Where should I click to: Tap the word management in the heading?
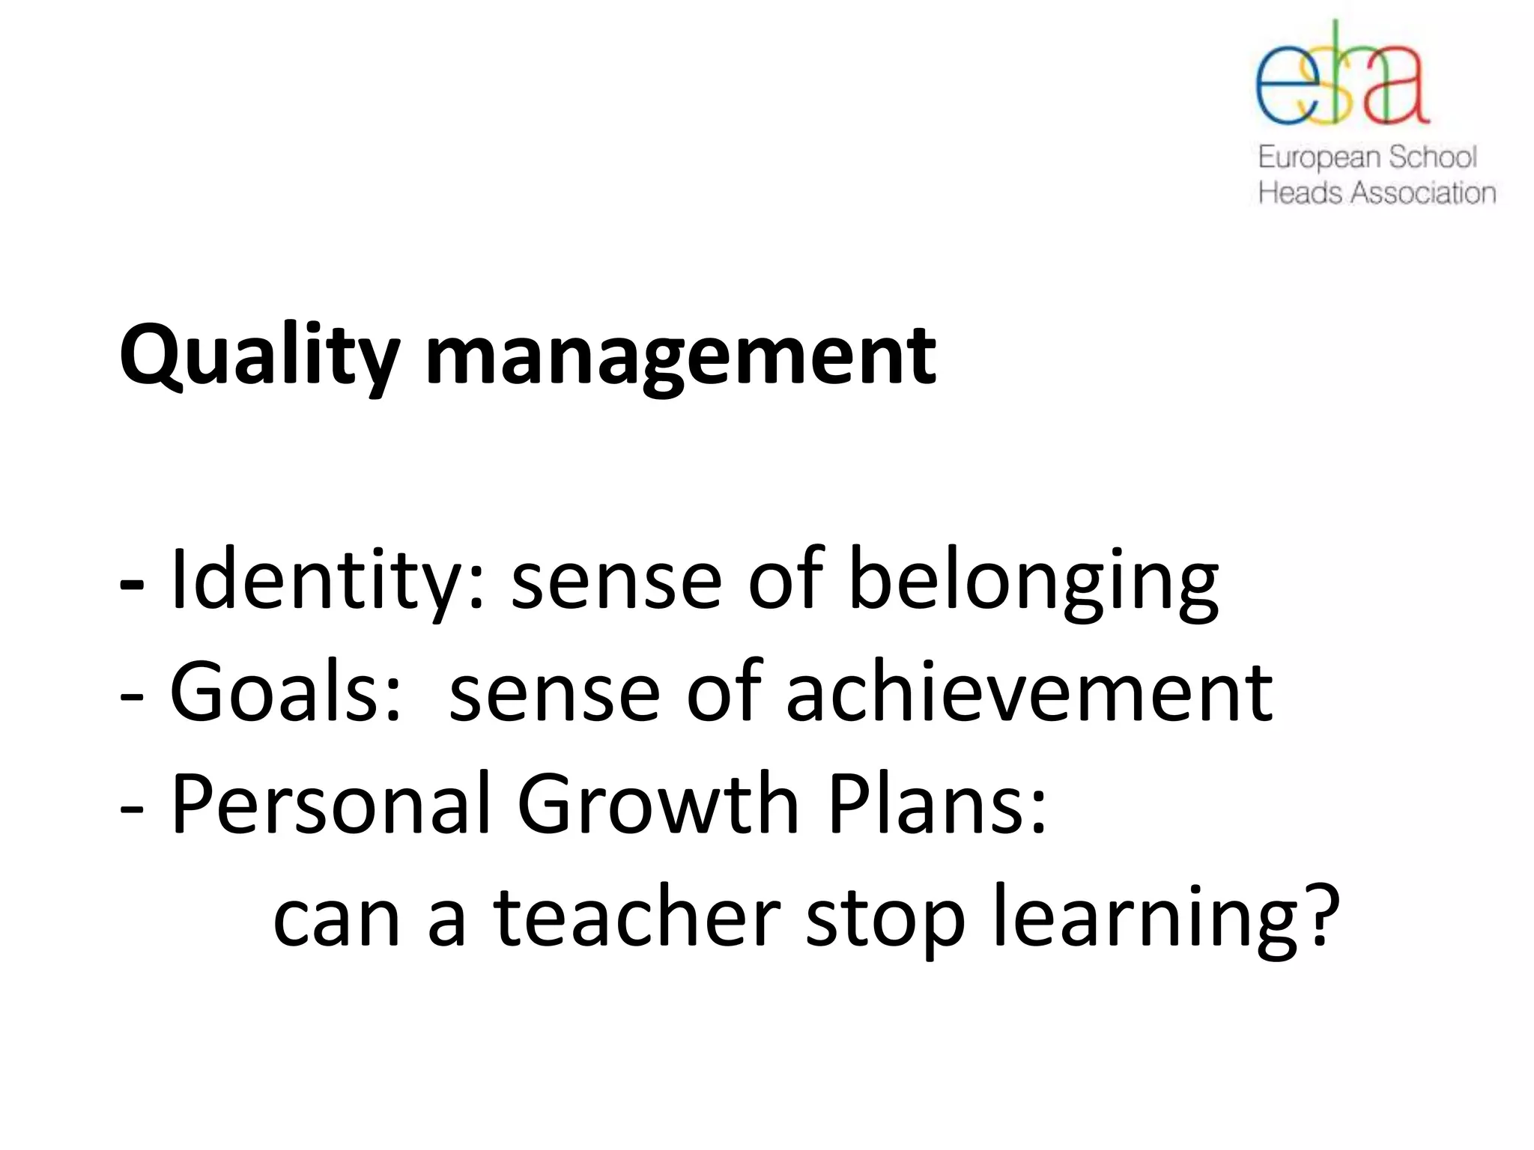click(x=680, y=356)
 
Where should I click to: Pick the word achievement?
click(x=1029, y=693)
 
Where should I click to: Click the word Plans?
click(x=937, y=804)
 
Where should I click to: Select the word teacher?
click(x=637, y=918)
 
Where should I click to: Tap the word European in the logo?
click(x=1319, y=158)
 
